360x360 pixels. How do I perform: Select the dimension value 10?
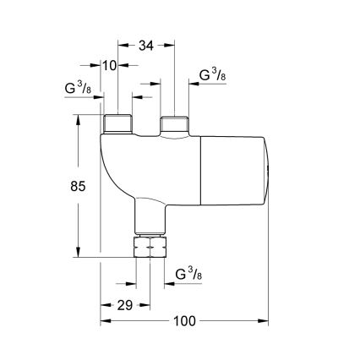pyautogui.click(x=108, y=64)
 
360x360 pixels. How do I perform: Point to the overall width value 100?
pyautogui.click(x=184, y=321)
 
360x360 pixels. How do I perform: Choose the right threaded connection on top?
pyautogui.click(x=174, y=123)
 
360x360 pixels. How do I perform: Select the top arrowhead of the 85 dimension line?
pyautogui.click(x=78, y=119)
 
